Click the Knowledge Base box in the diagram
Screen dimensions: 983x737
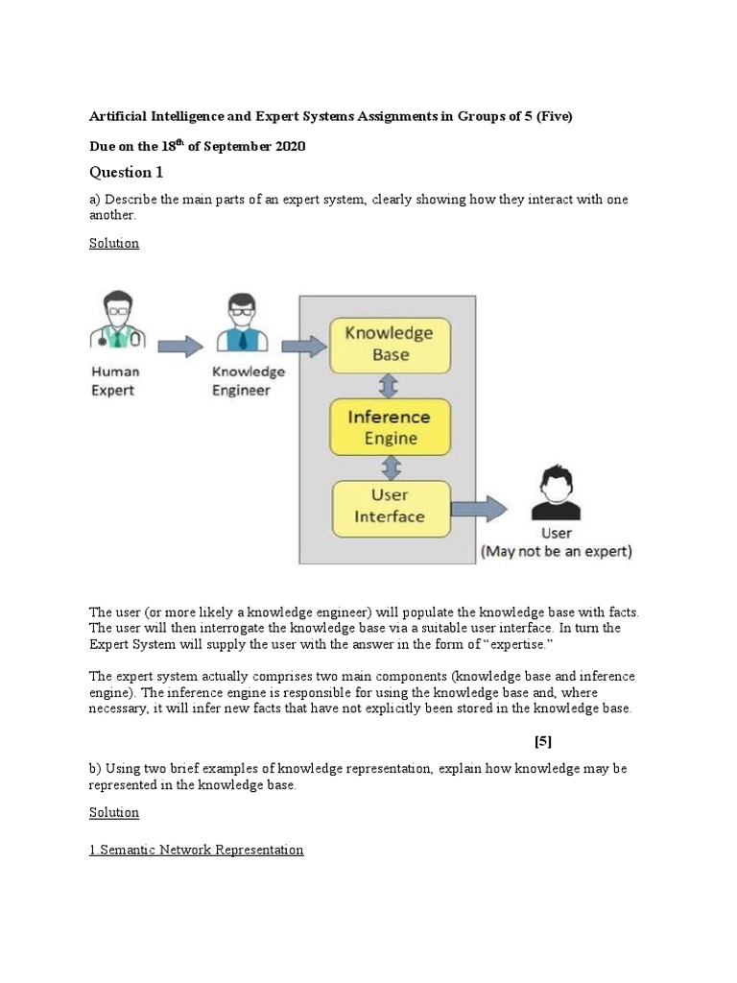click(x=389, y=345)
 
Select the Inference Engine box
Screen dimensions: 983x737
click(x=389, y=427)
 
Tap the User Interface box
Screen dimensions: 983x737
click(x=389, y=507)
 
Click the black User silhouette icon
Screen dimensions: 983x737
click(x=557, y=493)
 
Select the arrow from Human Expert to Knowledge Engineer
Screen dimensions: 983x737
click(x=178, y=346)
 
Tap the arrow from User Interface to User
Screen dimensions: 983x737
click(x=480, y=509)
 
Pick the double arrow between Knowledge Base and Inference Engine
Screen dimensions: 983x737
click(x=389, y=386)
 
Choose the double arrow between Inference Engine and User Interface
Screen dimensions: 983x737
click(x=390, y=468)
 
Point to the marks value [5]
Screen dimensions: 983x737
click(x=542, y=741)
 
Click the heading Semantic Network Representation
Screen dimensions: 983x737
click(x=196, y=850)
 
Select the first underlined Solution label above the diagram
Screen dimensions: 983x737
click(x=114, y=243)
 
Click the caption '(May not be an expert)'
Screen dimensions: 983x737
click(x=556, y=552)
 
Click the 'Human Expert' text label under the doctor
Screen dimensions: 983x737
click(x=115, y=380)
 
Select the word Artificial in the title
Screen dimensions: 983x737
click(x=121, y=116)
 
